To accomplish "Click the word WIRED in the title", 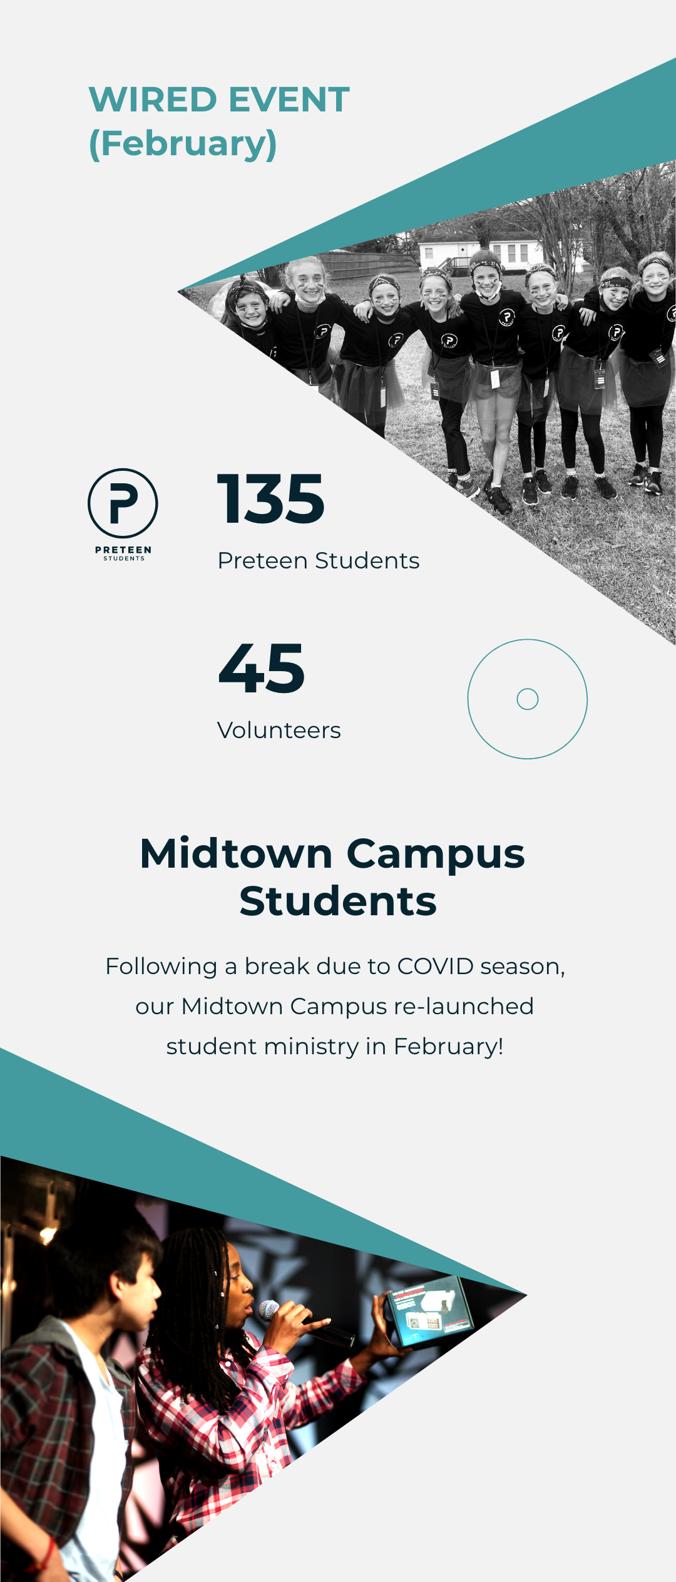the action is coord(153,100).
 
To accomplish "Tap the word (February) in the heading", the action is coord(183,144).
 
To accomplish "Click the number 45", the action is coord(262,669).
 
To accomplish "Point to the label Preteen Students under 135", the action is coord(319,560).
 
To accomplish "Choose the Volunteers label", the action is coord(279,730).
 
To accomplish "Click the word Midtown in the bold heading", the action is coord(236,854).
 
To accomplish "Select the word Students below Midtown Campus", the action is coord(338,901).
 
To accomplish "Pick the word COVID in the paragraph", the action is coord(436,966).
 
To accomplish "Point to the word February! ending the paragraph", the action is coord(449,1046).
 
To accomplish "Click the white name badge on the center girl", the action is coord(494,378).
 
